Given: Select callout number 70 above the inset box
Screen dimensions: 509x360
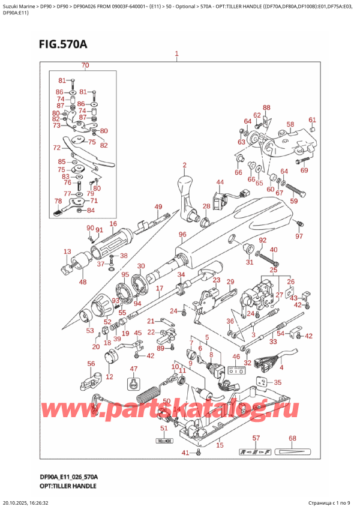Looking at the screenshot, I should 85,65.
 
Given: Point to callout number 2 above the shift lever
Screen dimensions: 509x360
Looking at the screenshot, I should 185,165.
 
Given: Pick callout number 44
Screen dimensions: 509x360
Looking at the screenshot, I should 220,182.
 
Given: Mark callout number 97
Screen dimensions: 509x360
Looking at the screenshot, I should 299,236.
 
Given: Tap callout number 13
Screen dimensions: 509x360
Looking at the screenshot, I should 67,251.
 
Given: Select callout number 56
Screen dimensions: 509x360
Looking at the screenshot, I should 91,364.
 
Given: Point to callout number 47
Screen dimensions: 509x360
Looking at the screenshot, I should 134,369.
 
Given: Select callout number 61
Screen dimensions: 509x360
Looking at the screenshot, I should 312,119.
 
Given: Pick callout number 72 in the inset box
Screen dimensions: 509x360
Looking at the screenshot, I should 56,147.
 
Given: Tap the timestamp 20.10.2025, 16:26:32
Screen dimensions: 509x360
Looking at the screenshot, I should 37,501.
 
